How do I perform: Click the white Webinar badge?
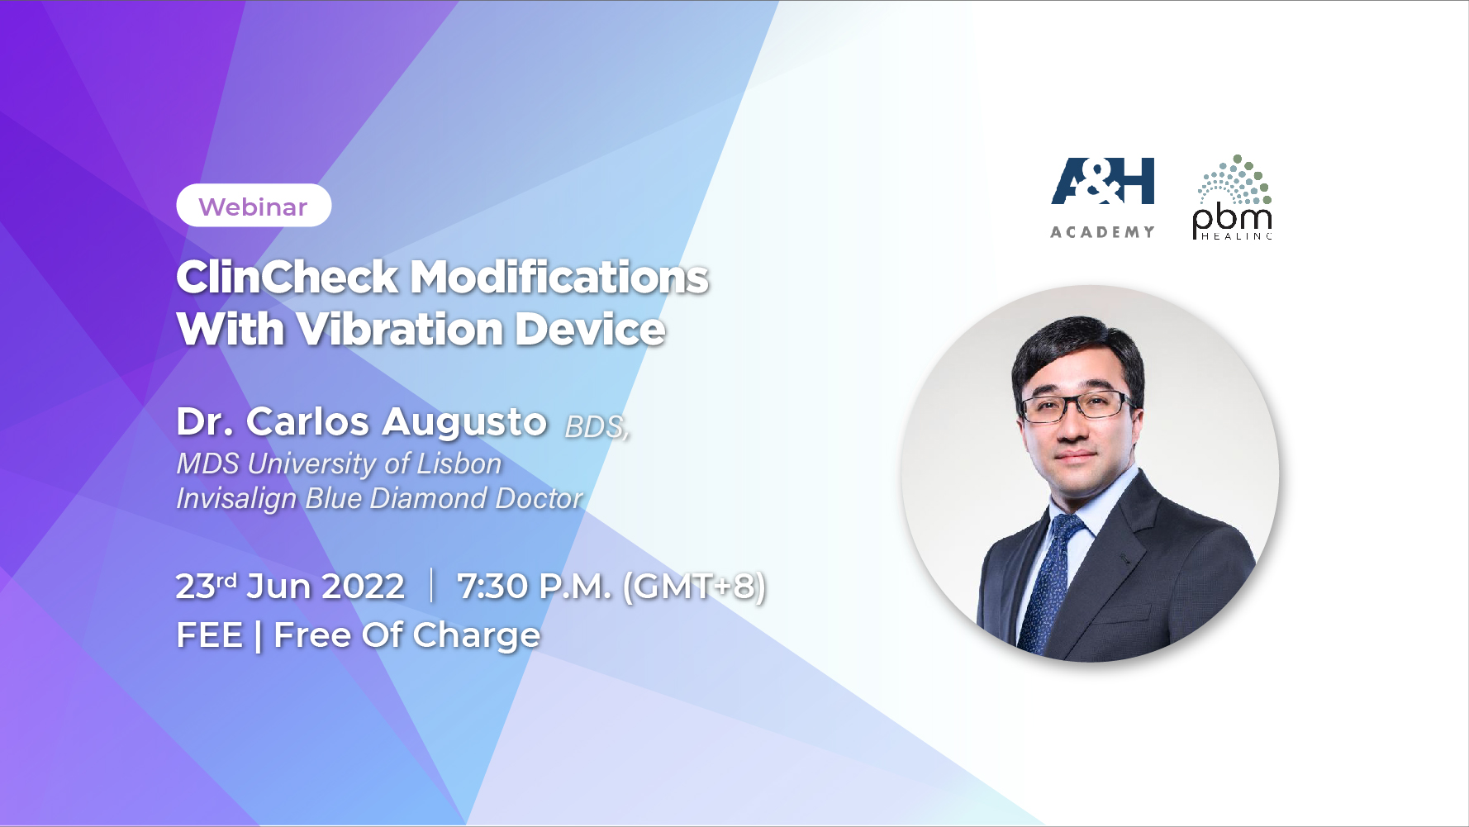tap(254, 206)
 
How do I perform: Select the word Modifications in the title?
tap(560, 277)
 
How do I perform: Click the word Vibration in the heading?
tap(400, 329)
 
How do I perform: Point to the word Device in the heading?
tap(591, 329)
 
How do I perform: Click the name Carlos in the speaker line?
tap(307, 421)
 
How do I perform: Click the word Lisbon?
tap(459, 463)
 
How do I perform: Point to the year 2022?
tap(363, 587)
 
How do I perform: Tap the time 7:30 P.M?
tap(535, 587)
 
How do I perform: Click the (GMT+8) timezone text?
tap(694, 587)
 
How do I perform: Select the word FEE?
tap(210, 635)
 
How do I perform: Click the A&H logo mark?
tap(1102, 181)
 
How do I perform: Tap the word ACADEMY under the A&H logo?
tap(1102, 232)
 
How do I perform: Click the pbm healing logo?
tap(1232, 197)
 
